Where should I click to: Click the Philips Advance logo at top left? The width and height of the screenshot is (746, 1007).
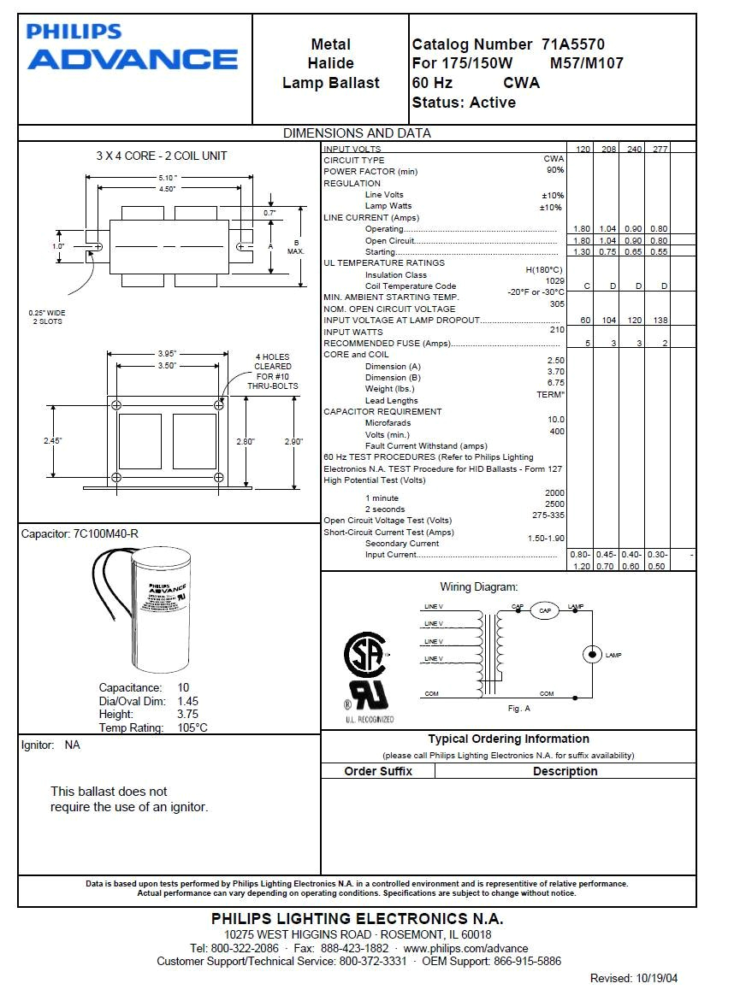(133, 47)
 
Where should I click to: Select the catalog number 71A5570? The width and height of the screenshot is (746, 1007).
(573, 44)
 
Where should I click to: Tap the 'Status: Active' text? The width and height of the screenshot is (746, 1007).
(464, 103)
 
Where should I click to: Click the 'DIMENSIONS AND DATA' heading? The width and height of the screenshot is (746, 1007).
(357, 133)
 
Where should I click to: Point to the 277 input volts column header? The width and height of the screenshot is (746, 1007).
(657, 150)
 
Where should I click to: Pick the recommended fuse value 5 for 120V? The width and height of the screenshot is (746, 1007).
(587, 343)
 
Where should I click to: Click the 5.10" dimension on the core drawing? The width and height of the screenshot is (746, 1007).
(168, 178)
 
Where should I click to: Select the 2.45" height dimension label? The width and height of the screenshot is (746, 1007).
(53, 441)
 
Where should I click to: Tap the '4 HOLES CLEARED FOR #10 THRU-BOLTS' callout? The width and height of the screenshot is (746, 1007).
(273, 372)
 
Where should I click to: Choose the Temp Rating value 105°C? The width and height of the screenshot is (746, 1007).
(192, 728)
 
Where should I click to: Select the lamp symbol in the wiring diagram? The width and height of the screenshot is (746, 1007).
(592, 655)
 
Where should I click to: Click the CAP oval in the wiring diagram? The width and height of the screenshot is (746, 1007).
(544, 611)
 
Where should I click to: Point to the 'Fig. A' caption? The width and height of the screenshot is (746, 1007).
(518, 709)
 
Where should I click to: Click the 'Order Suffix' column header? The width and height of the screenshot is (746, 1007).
(378, 771)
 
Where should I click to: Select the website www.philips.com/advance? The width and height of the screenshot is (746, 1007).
(465, 948)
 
